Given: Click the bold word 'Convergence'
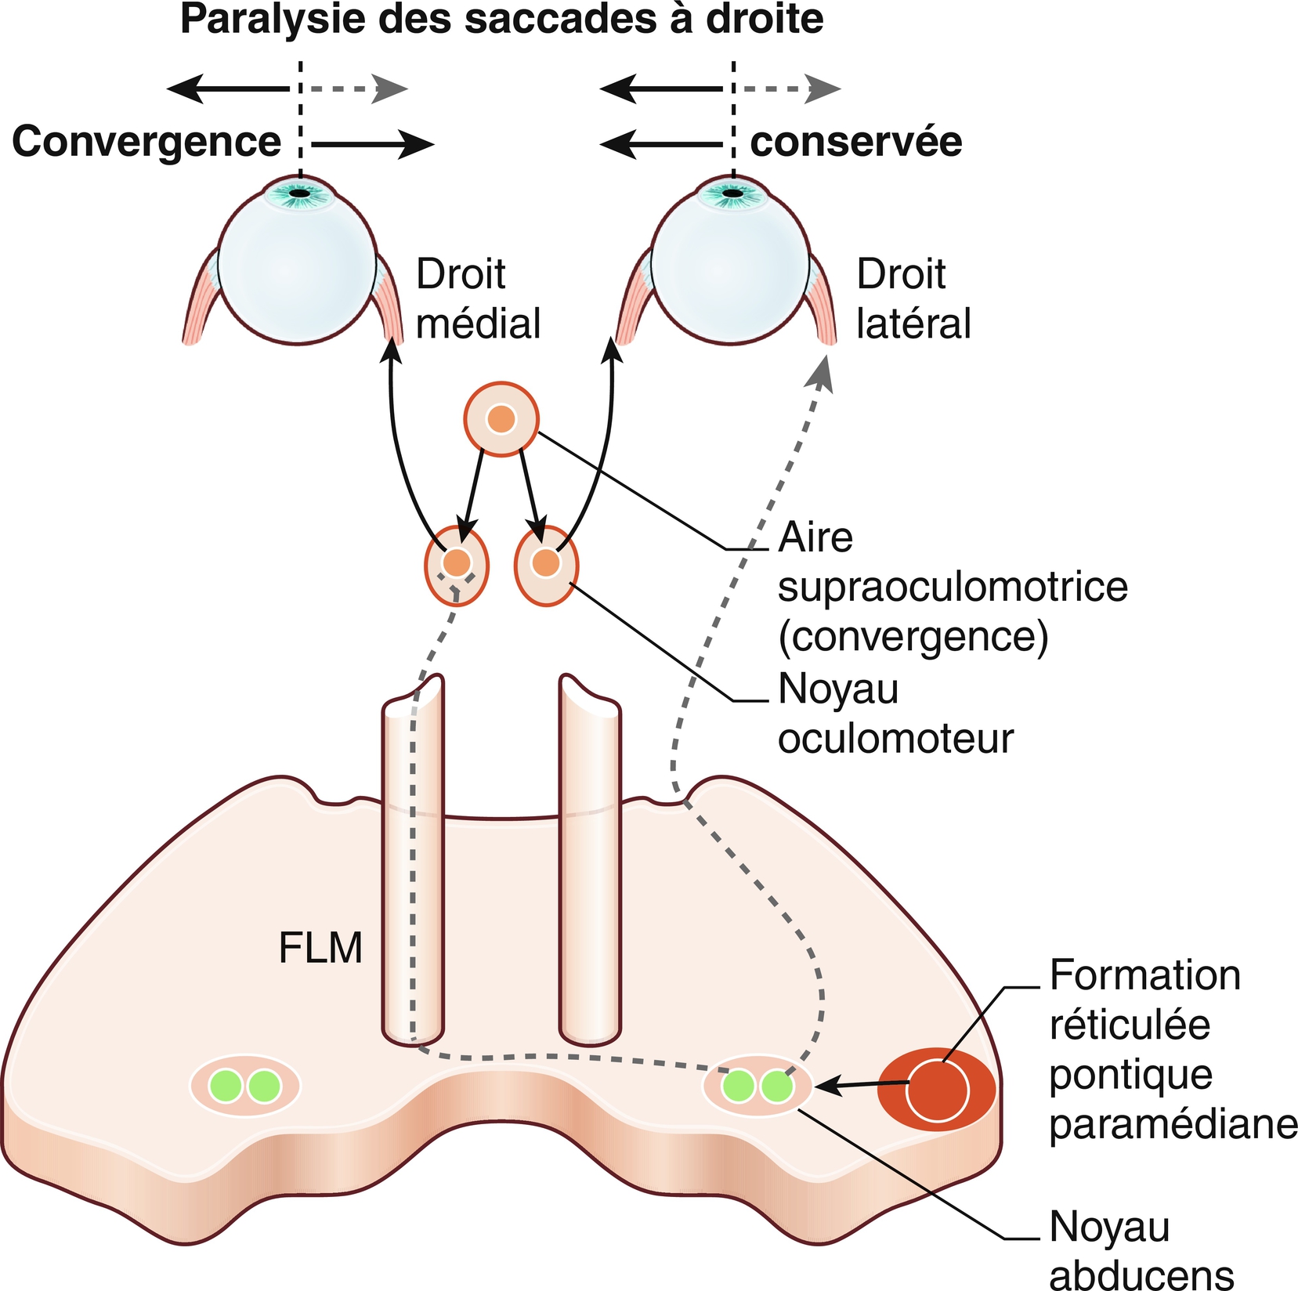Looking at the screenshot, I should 146,142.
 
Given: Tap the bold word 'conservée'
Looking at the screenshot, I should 856,142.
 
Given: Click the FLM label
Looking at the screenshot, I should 320,948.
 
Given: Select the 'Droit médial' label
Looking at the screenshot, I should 478,298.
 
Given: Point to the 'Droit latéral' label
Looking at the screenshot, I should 913,298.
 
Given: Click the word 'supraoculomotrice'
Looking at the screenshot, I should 953,587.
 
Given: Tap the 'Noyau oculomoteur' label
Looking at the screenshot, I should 895,714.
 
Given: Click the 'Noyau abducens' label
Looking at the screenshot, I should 1141,1250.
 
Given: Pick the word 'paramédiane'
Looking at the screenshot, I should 1173,1124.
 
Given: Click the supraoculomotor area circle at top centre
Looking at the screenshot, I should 501,419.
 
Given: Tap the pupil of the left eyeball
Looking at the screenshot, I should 298,193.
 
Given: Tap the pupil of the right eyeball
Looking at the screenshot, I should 732,193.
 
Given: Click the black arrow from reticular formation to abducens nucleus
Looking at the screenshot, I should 862,1086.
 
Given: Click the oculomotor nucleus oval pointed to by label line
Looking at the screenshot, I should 547,565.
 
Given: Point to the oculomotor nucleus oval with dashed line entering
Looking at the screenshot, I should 457,565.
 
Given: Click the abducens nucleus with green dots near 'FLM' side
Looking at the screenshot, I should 245,1086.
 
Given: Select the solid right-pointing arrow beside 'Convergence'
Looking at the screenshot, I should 373,144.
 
